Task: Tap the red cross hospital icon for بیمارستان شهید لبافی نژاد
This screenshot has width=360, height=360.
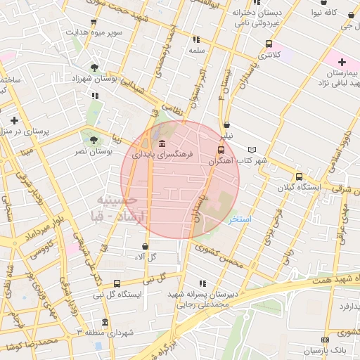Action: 342,63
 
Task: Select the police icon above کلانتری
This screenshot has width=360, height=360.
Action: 267,44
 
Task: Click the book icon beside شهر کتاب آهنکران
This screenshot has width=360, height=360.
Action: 252,150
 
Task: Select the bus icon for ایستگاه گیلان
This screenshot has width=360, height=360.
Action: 299,177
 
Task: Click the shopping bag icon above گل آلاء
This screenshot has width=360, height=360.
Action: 145,246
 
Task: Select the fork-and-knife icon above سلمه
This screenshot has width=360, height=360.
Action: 195,39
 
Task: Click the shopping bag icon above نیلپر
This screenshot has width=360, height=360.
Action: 225,124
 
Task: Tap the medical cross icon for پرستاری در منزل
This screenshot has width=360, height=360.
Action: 15,120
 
